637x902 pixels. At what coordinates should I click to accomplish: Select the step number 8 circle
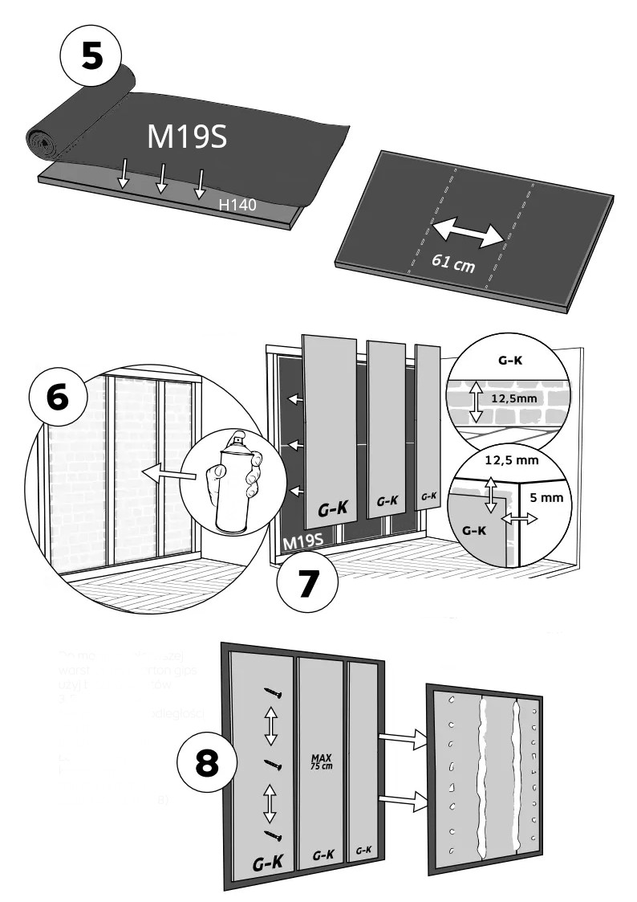tap(206, 763)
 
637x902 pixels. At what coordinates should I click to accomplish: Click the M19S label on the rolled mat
tap(186, 137)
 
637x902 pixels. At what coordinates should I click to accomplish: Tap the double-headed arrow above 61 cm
tap(469, 230)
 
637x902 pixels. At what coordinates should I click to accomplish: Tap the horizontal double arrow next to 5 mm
tap(518, 521)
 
